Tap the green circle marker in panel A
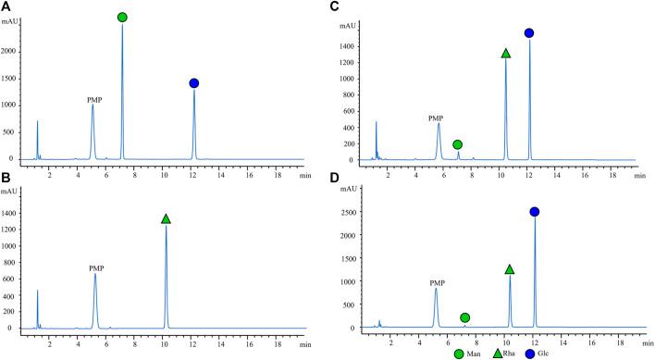[x=122, y=17]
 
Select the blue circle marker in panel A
[x=194, y=83]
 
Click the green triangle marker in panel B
[x=166, y=218]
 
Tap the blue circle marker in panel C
[x=529, y=33]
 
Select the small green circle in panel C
[x=458, y=144]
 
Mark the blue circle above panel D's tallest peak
[x=535, y=212]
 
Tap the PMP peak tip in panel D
[x=436, y=288]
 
